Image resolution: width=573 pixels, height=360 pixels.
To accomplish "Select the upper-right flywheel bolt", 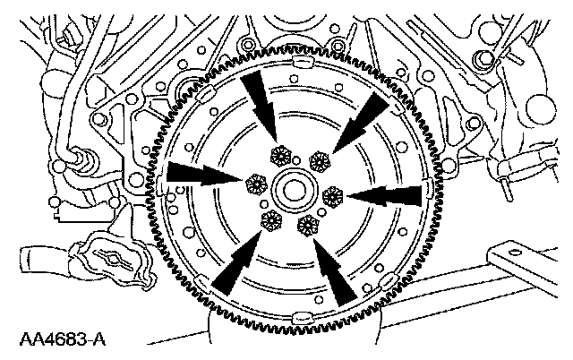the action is pos(318,160).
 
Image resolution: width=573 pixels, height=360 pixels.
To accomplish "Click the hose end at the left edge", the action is pos(11,261).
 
